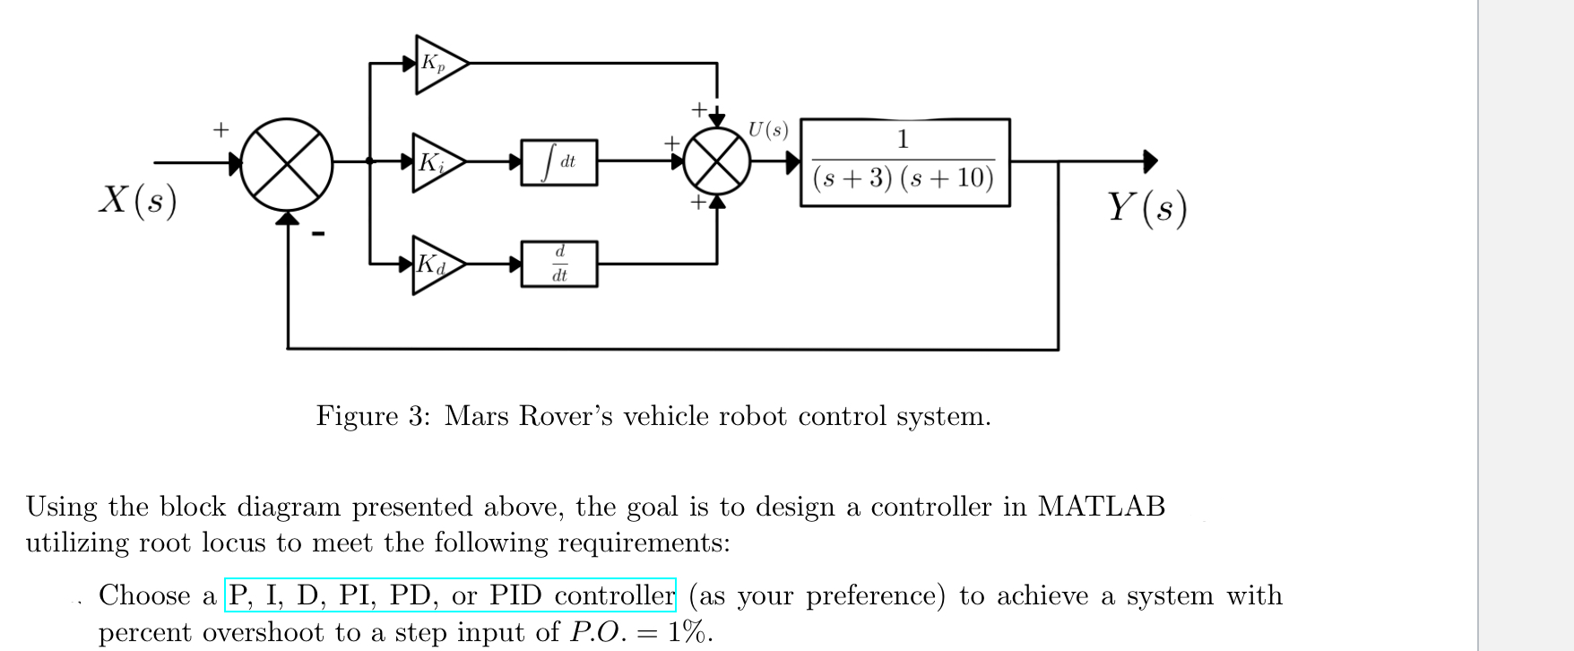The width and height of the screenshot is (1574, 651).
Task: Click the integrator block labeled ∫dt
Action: (x=559, y=162)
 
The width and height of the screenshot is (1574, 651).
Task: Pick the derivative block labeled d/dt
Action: (x=559, y=264)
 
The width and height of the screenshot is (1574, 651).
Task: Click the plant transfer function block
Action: (x=904, y=162)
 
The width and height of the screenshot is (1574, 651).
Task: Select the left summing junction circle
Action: (x=287, y=162)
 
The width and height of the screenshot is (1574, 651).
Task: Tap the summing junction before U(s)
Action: (x=717, y=162)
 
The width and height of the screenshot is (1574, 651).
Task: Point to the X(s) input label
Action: (x=137, y=199)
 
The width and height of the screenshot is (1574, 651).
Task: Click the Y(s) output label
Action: (x=1146, y=207)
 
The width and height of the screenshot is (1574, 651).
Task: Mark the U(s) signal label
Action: (x=768, y=130)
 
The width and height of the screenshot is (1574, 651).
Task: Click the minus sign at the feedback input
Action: (x=318, y=235)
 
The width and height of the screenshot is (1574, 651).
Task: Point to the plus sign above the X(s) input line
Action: (x=221, y=130)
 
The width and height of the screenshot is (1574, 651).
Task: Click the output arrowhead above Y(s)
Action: (x=1150, y=161)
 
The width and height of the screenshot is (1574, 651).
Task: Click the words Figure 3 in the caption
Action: (x=372, y=416)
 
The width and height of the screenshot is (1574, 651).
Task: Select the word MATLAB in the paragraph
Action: (x=1101, y=507)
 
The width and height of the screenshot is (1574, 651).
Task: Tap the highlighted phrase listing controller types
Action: (x=450, y=595)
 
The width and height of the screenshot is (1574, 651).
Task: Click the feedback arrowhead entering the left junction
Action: (x=287, y=218)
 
